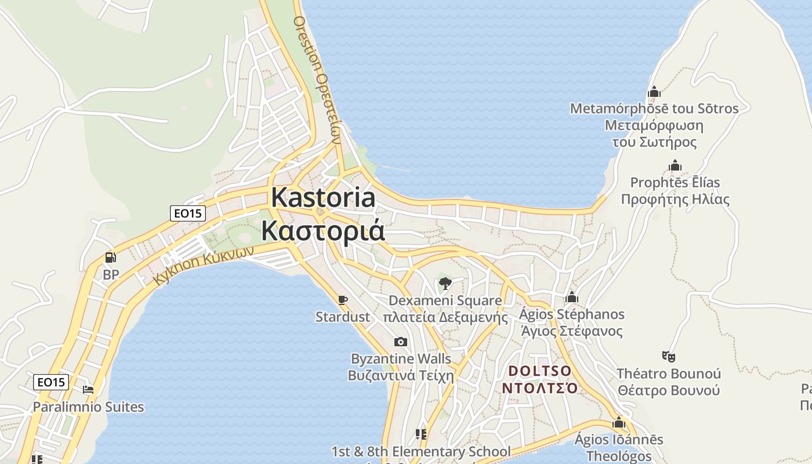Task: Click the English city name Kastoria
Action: [x=323, y=198]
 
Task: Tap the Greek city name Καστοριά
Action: [x=323, y=230]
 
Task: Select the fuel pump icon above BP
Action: [x=110, y=258]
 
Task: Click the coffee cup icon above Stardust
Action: [x=343, y=300]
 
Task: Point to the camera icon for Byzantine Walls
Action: [x=400, y=342]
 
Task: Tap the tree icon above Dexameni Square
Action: [x=445, y=284]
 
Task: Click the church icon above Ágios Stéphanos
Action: [x=572, y=298]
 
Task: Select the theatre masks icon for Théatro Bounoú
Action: [x=668, y=356]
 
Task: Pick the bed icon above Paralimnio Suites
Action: [x=88, y=390]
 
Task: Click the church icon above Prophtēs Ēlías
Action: [x=675, y=166]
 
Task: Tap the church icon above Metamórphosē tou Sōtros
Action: [x=654, y=92]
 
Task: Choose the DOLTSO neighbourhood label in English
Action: [x=540, y=370]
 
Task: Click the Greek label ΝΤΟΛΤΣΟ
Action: [x=540, y=387]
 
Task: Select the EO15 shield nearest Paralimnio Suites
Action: [x=51, y=382]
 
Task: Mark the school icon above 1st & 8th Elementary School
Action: [x=421, y=434]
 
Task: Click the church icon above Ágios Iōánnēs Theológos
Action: [x=619, y=422]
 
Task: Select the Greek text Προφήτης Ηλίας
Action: [x=675, y=199]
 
